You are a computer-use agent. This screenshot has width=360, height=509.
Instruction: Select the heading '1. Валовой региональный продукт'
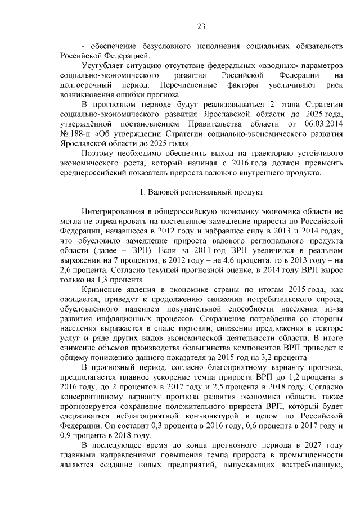(x=201, y=192)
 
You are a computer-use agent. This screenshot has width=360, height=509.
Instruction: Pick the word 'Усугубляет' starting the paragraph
(x=101, y=65)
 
